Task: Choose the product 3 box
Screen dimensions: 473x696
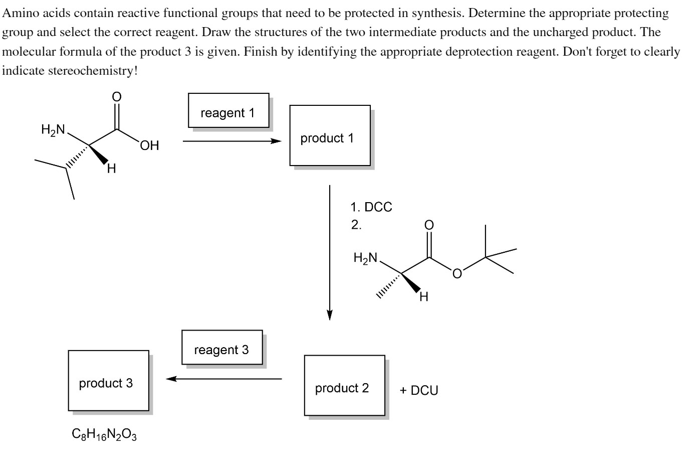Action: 108,381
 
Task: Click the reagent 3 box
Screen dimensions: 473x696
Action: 221,347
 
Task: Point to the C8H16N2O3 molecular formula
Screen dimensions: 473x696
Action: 104,434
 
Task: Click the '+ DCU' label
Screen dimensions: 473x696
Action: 418,390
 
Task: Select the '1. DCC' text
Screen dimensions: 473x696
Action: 371,207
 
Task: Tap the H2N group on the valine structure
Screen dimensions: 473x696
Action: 53,130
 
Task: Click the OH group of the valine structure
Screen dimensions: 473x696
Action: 149,146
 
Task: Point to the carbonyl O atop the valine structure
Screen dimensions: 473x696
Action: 116,97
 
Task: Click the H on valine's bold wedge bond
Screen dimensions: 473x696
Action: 112,169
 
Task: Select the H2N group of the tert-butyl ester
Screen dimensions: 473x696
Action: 365,258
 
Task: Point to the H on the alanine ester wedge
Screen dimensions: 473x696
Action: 424,297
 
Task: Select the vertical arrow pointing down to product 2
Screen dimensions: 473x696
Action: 330,251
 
